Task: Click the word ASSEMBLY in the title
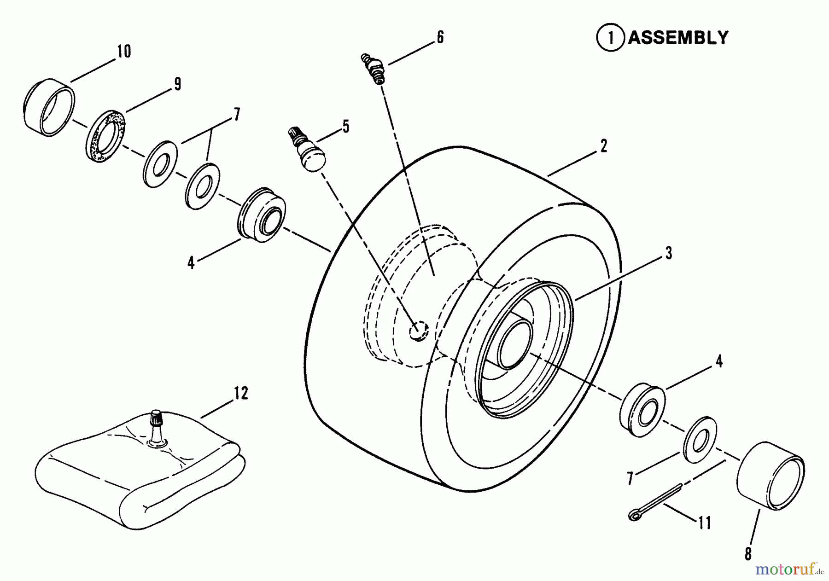pyautogui.click(x=678, y=37)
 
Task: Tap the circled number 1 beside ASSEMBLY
pyautogui.click(x=611, y=37)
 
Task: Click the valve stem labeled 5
pyautogui.click(x=306, y=150)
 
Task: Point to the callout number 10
pyautogui.click(x=124, y=51)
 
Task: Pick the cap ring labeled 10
pyautogui.click(x=48, y=108)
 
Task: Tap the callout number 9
pyautogui.click(x=176, y=84)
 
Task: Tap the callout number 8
pyautogui.click(x=747, y=554)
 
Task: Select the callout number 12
pyautogui.click(x=241, y=393)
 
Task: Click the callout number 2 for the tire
pyautogui.click(x=604, y=146)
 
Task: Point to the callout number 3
pyautogui.click(x=668, y=253)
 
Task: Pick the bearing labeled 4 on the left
pyautogui.click(x=262, y=215)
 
